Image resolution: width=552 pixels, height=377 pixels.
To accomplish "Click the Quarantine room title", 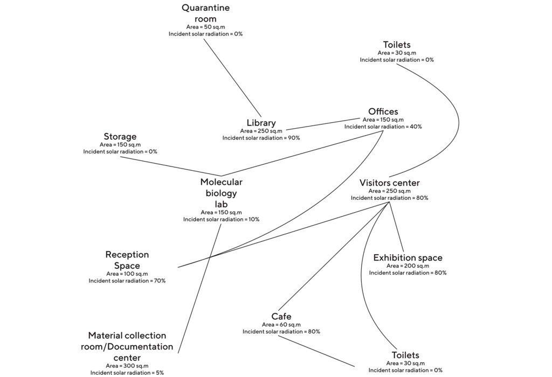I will point(205,13).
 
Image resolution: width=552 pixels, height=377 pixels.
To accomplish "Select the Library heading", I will point(261,123).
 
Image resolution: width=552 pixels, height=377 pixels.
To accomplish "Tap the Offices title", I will point(383,111).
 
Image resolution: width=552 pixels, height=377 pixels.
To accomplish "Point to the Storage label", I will point(120,136).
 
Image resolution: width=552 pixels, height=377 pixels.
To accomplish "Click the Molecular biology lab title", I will point(221,193).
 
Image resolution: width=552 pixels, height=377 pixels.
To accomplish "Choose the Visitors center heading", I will point(389,183).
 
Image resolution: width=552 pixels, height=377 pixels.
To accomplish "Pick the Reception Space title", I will point(127,260).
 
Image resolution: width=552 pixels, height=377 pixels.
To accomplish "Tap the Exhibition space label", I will point(408,257).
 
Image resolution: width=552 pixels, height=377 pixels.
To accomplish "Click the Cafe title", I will point(281,316).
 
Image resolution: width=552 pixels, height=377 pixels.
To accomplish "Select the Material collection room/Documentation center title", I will point(127,346).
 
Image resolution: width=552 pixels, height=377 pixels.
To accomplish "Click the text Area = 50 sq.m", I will point(205,26).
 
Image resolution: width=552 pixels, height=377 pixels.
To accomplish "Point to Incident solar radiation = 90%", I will point(261,138).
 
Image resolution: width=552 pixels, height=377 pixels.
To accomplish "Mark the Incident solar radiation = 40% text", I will point(383,127).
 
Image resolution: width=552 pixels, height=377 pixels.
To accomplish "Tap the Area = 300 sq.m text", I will point(127,365).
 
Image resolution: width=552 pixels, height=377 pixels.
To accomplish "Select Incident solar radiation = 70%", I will point(127,281).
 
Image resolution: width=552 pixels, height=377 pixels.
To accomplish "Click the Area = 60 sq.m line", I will point(281,324).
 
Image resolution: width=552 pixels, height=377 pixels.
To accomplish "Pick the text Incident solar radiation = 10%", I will point(221,219).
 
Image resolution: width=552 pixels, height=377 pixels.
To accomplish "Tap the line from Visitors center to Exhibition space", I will point(396,226).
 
